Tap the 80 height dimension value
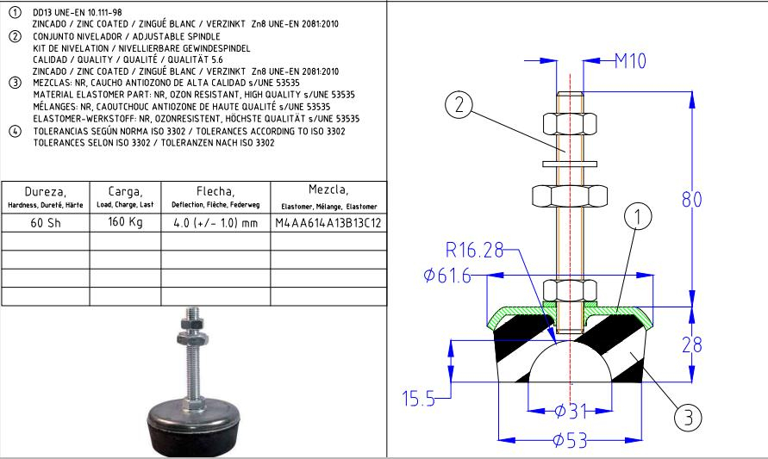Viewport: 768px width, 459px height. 692,200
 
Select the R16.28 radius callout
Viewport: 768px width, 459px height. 471,251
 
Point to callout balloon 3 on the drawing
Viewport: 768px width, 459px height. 687,418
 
